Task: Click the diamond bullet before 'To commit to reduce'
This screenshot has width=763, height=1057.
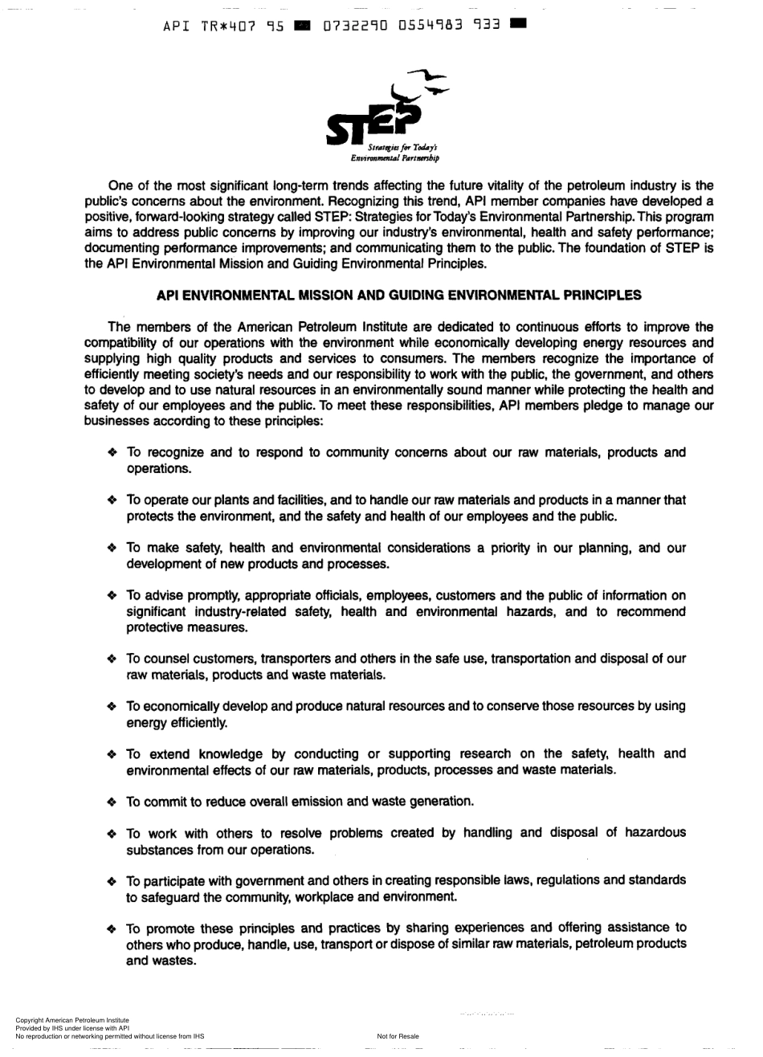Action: coord(112,802)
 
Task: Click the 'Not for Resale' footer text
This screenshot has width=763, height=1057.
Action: coord(398,1036)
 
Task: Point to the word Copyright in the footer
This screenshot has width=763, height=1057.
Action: coord(30,1020)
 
